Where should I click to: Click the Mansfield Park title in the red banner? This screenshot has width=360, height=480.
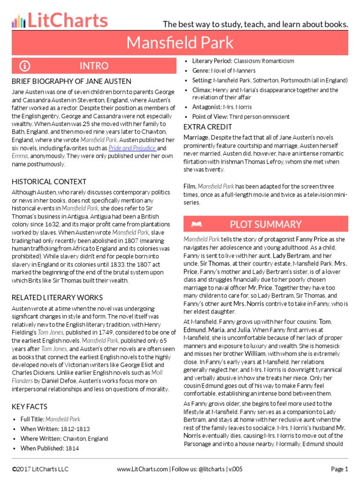(x=180, y=43)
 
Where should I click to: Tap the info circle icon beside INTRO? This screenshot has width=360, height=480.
(x=25, y=66)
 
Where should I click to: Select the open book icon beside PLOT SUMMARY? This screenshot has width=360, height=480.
(x=196, y=225)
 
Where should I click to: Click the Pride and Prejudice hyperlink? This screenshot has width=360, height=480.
(x=132, y=148)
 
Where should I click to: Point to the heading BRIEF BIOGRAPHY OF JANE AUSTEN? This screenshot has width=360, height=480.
(x=71, y=81)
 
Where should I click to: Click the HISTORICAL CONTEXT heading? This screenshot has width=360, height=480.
(x=49, y=181)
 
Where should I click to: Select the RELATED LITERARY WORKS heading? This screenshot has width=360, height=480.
(x=57, y=298)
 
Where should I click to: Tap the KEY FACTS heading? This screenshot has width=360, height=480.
(x=30, y=406)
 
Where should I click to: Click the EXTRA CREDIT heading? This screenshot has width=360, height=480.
(x=208, y=127)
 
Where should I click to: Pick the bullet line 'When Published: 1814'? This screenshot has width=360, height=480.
(x=50, y=448)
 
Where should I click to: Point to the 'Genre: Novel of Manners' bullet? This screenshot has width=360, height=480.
(x=219, y=70)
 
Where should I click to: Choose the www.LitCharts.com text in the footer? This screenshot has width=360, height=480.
(x=142, y=469)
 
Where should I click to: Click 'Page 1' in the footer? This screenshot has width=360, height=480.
(x=339, y=469)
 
